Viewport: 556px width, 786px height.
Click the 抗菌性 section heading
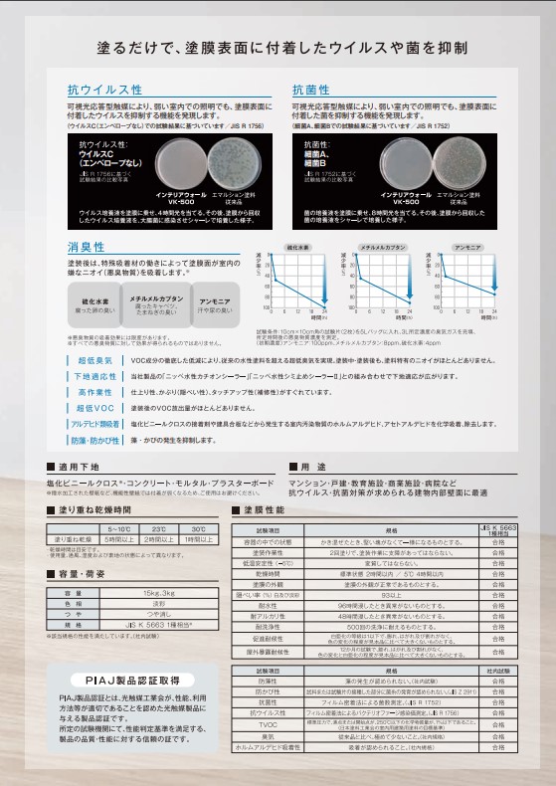pos(311,91)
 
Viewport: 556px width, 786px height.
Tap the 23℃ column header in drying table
pos(158,529)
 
